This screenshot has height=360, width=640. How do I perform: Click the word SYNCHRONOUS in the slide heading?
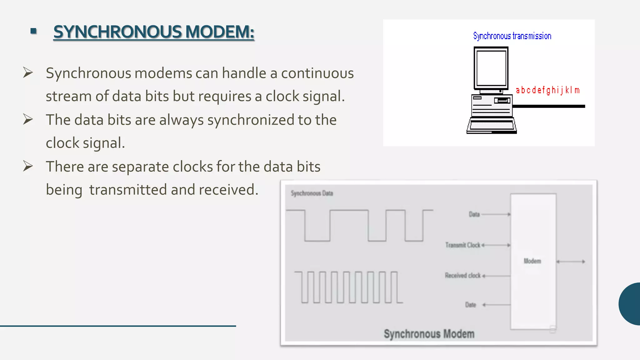tap(117, 32)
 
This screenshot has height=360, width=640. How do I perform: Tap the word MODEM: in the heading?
tap(220, 32)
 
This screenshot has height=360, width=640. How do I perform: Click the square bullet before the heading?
tap(34, 31)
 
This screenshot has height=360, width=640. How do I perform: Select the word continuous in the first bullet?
tap(317, 73)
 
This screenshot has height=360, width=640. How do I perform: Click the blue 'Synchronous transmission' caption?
tap(512, 36)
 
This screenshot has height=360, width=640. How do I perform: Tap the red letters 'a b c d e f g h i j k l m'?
tap(547, 90)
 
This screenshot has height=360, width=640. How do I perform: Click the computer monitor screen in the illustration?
tap(491, 68)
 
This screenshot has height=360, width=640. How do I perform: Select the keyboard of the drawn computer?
tap(492, 126)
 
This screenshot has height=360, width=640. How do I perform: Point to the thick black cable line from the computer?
tap(548, 106)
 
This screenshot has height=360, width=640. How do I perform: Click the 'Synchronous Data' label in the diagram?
tap(312, 193)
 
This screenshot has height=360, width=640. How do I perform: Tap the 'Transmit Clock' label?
tap(462, 245)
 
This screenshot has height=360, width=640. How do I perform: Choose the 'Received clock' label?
tap(462, 275)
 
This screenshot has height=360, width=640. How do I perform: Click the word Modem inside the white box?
tap(532, 261)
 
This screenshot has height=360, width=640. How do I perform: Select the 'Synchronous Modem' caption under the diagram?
tap(429, 334)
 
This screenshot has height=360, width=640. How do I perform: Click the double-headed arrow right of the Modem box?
tap(571, 262)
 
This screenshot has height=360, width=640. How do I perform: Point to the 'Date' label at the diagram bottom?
tap(470, 305)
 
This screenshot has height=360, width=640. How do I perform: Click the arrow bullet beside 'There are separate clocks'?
tap(28, 166)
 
